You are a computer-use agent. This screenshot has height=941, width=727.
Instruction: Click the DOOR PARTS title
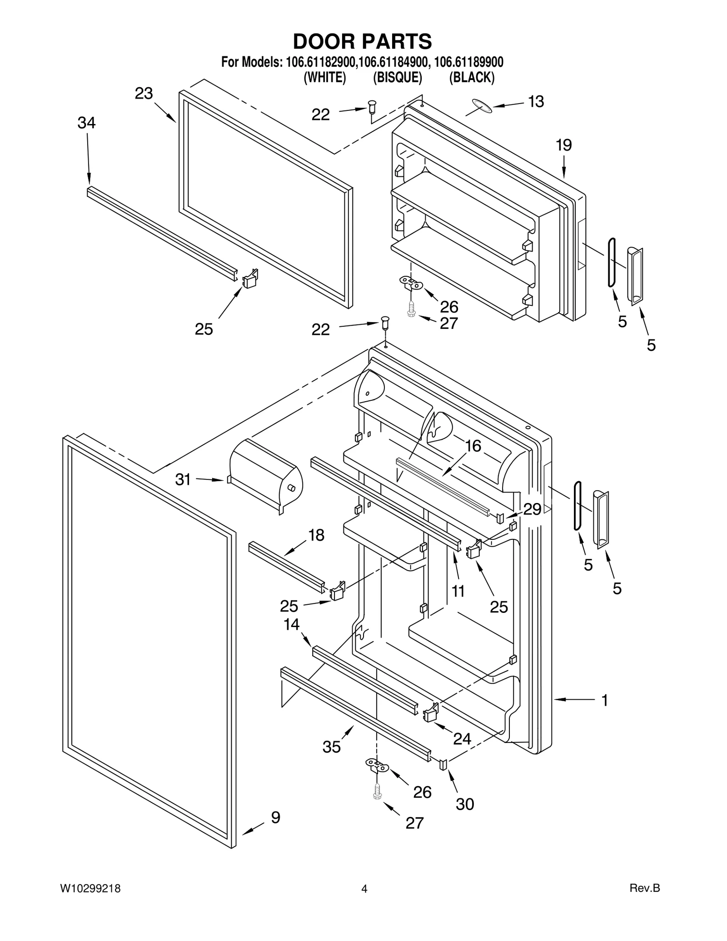click(362, 41)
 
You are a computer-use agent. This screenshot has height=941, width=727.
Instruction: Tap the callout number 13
click(536, 102)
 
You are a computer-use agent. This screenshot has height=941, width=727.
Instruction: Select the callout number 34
click(86, 123)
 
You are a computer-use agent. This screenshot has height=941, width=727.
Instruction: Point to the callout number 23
click(144, 94)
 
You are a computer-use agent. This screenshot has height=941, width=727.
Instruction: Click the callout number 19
click(563, 145)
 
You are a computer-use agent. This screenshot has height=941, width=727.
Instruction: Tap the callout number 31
click(183, 479)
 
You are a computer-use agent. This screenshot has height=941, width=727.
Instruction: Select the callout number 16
click(473, 446)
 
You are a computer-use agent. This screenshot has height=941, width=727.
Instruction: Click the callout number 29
click(532, 509)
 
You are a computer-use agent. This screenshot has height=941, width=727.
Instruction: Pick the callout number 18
click(316, 535)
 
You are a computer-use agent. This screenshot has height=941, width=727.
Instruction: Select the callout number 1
click(604, 700)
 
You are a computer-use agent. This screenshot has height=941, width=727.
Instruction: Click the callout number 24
click(462, 739)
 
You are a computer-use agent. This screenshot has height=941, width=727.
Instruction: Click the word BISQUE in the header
click(398, 78)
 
